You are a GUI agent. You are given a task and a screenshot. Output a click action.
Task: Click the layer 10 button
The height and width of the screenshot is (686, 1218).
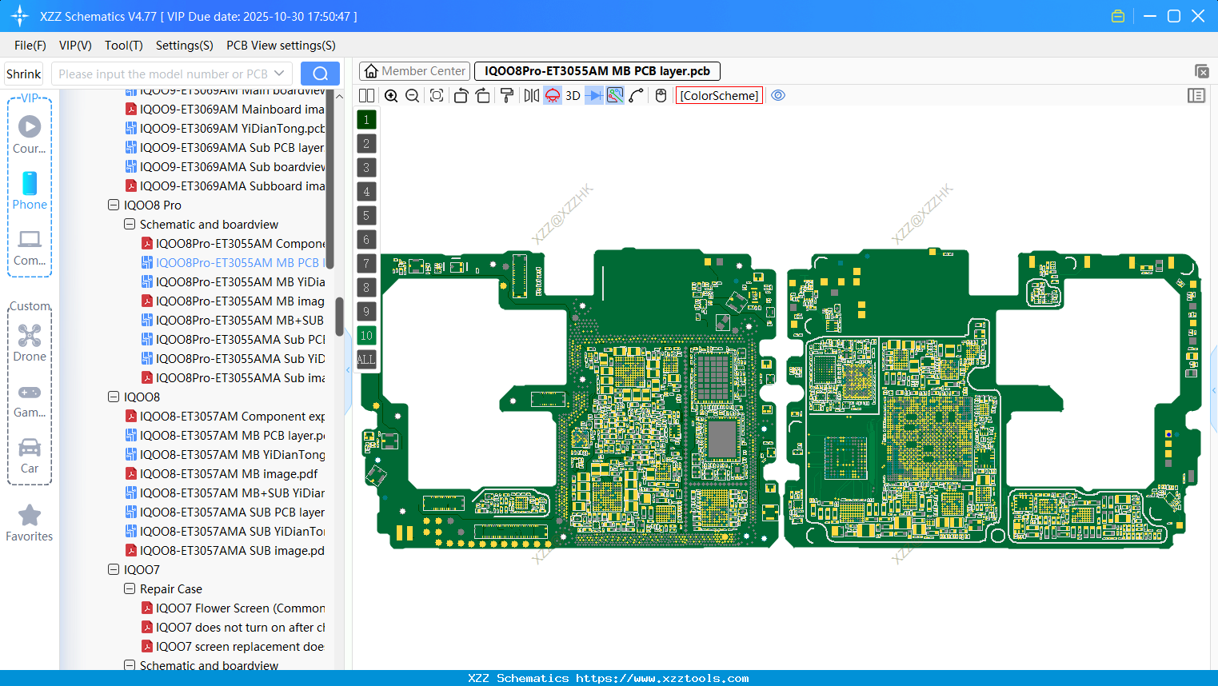[x=366, y=336]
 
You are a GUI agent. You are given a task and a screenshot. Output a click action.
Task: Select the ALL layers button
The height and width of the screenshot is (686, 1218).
[x=366, y=360]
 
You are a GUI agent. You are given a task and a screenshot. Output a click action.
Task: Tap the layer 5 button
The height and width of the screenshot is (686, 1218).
[x=366, y=216]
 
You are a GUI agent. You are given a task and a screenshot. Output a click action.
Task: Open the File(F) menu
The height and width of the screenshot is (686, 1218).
[x=30, y=46]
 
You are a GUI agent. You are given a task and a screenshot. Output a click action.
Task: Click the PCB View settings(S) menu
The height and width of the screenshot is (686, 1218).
[x=281, y=46]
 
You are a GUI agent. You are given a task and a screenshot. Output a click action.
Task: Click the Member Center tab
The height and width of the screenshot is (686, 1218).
[x=415, y=71]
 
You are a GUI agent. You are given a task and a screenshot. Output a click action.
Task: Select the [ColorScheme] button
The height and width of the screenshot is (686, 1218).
[x=719, y=96]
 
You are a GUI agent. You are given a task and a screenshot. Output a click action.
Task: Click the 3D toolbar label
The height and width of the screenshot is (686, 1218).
[x=573, y=96]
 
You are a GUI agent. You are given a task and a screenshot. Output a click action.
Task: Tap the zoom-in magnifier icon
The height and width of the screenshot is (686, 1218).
[x=391, y=96]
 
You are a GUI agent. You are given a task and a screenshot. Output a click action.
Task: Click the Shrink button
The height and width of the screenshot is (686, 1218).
[x=23, y=74]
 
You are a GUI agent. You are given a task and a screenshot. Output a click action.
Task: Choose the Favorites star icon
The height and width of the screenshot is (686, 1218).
[x=30, y=516]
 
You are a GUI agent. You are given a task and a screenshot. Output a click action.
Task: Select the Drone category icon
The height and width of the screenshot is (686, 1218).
[x=30, y=336]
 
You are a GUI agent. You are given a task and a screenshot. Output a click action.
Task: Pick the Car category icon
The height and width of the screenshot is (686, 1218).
[x=30, y=448]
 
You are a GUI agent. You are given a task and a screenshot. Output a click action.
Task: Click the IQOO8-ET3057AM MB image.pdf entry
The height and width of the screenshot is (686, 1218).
[x=229, y=474]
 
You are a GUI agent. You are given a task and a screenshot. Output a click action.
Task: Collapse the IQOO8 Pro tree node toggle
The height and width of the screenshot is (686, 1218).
[x=114, y=205]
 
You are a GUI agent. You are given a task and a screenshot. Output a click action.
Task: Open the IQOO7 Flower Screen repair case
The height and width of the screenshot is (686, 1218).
[x=240, y=608]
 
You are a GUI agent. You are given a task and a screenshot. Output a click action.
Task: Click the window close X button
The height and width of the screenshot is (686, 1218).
[x=1198, y=16]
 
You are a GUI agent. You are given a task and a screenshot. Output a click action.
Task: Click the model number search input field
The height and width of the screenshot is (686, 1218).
[x=163, y=74]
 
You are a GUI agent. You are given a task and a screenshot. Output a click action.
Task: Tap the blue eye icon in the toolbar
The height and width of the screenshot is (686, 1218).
[x=778, y=96]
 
